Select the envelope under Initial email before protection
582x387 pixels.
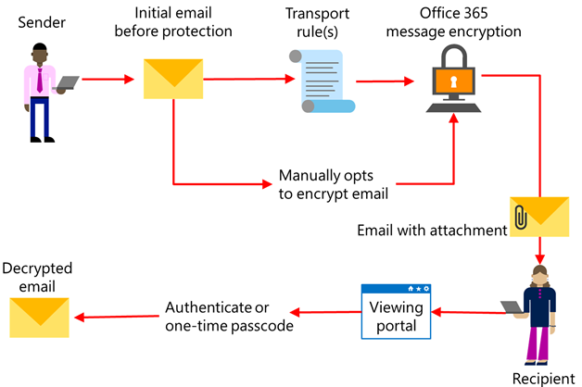pyautogui.click(x=172, y=79)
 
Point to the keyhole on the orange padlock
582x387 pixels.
pyautogui.click(x=452, y=81)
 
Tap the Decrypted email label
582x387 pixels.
pyautogui.click(x=38, y=276)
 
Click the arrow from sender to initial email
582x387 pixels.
pyautogui.click(x=109, y=80)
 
